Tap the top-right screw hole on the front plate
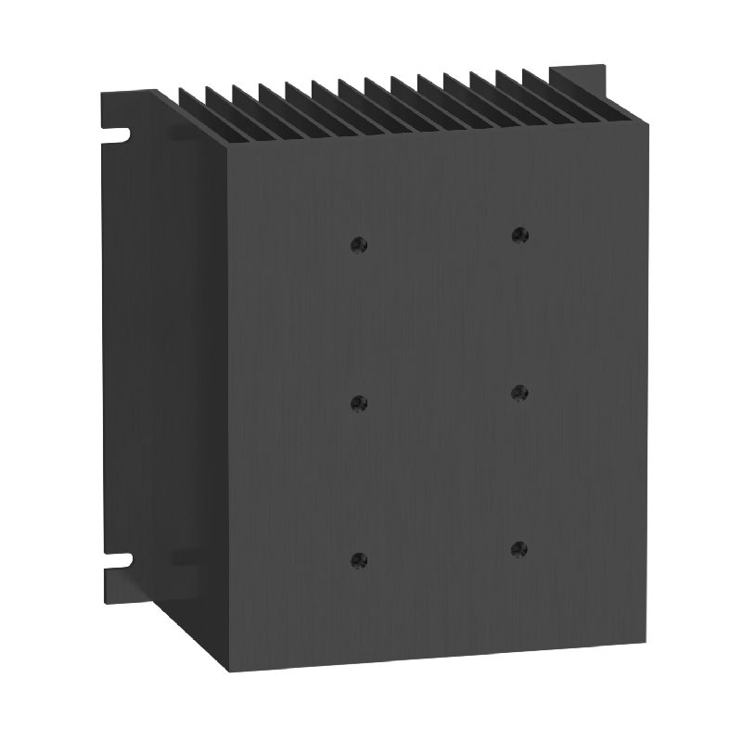click(519, 236)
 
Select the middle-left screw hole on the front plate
click(360, 403)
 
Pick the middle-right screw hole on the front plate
click(519, 393)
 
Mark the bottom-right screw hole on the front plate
click(519, 549)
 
